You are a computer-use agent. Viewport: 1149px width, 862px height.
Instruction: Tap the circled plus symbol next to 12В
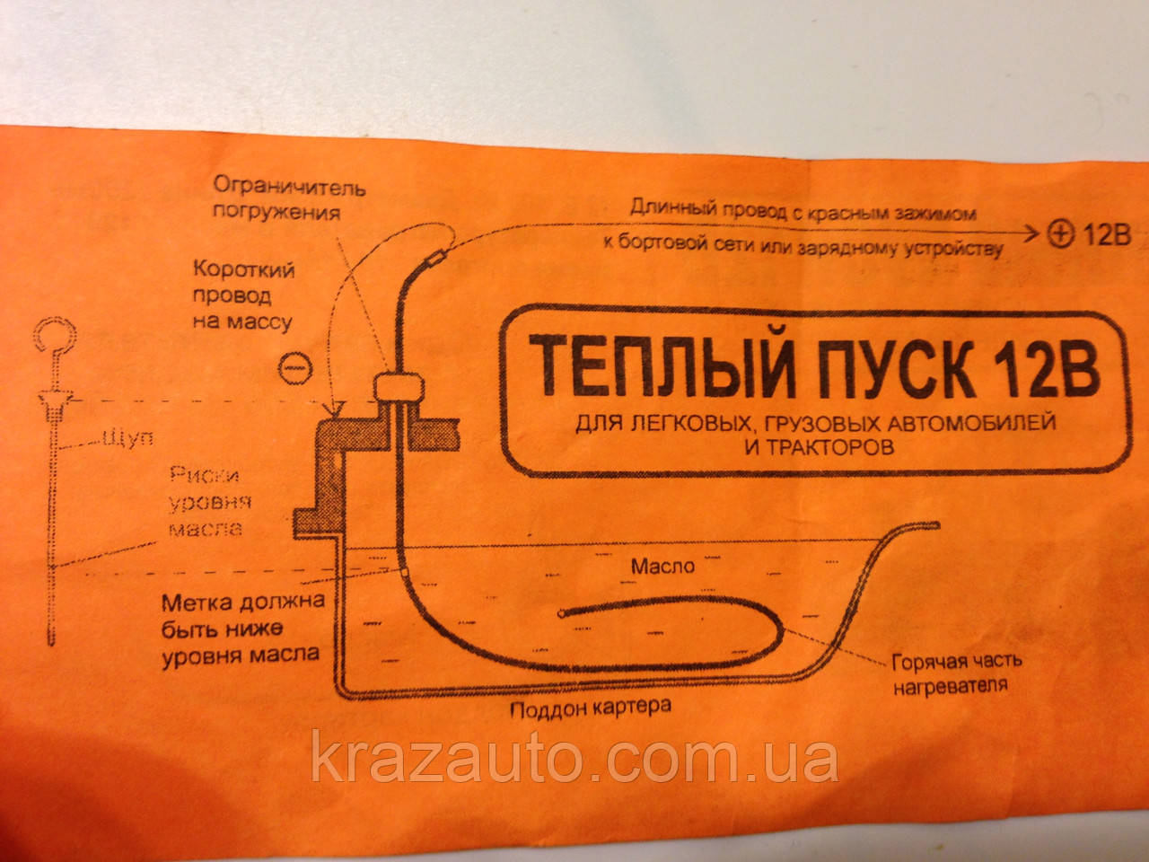pyautogui.click(x=1059, y=235)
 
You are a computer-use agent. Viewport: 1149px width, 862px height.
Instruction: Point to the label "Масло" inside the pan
pyautogui.click(x=662, y=567)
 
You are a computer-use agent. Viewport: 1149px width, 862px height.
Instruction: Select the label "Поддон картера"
pyautogui.click(x=590, y=707)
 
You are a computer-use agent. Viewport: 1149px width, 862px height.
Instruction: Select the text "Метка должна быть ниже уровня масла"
pyautogui.click(x=241, y=627)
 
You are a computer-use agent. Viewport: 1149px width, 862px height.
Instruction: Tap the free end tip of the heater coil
pyautogui.click(x=561, y=614)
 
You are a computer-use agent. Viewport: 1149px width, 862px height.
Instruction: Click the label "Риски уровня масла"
pyautogui.click(x=214, y=502)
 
